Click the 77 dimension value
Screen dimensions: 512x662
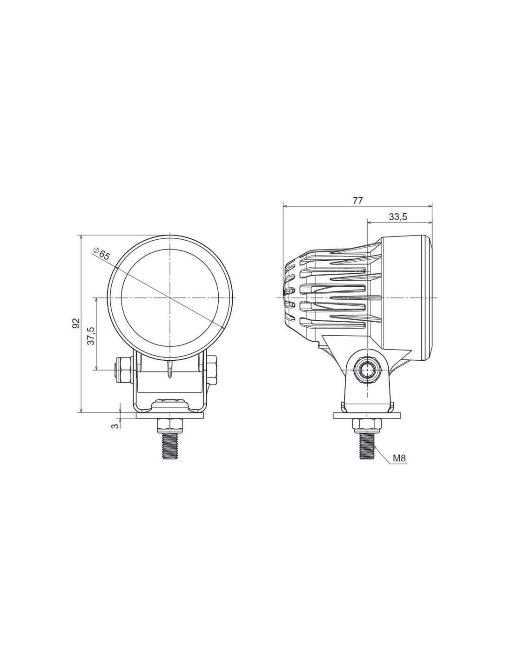coord(358,201)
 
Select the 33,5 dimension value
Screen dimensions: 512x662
coord(398,216)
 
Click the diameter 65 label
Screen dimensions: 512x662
coord(101,254)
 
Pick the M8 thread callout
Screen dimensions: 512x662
coord(399,466)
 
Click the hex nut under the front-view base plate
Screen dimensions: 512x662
coord(169,426)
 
